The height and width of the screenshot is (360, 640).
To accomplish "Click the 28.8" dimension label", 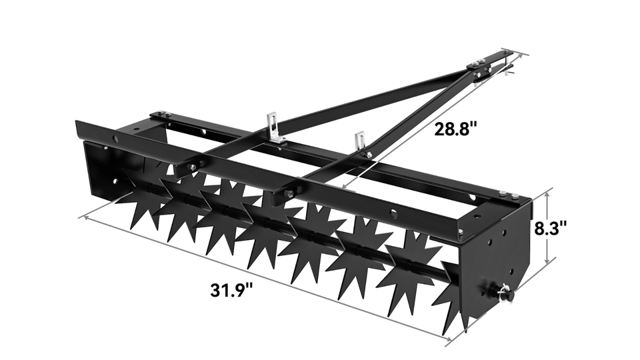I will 457,129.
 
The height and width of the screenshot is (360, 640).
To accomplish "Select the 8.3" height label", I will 551,227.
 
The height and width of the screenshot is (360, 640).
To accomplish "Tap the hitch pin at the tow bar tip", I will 508,65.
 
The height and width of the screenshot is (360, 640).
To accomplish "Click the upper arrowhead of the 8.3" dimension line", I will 547,191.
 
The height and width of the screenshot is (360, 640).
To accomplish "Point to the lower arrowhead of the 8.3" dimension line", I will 547,261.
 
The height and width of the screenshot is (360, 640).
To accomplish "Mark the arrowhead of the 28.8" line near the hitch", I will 511,54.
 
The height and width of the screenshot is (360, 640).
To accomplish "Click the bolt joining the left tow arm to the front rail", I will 192,167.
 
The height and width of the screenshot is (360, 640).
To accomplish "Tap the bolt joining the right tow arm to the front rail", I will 290,194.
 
